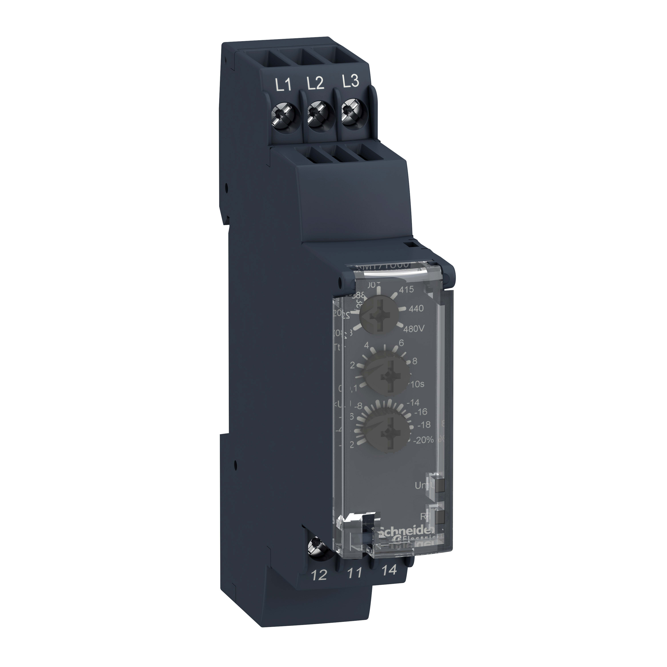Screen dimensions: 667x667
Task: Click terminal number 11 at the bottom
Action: pyautogui.click(x=355, y=573)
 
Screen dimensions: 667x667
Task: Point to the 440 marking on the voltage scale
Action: pyautogui.click(x=416, y=309)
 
